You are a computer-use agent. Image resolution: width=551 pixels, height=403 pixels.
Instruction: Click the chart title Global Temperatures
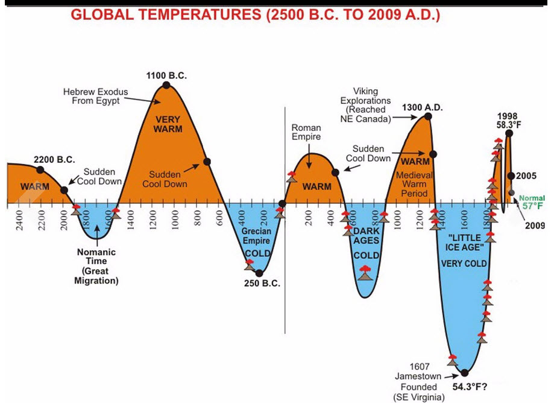(256, 14)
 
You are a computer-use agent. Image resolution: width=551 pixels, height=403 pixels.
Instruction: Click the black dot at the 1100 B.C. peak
(167, 85)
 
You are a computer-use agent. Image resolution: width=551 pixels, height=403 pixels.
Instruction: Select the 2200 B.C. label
(54, 160)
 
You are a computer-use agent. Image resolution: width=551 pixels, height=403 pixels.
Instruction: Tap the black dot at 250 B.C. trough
(259, 273)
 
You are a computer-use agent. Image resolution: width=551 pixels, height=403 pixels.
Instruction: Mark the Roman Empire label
(306, 132)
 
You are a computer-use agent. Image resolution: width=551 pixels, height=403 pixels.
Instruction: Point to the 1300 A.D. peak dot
(429, 116)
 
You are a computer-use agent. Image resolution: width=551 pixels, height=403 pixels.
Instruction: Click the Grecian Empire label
(257, 236)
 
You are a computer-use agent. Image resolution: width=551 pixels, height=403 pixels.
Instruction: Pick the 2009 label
(534, 226)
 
